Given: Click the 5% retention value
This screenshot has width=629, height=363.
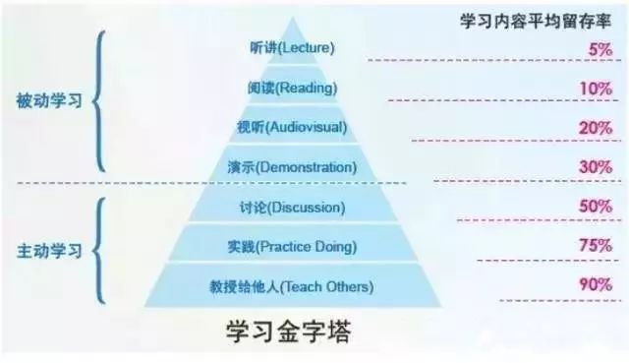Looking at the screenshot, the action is pos(600,47).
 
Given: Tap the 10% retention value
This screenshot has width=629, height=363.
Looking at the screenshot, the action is pos(596,88).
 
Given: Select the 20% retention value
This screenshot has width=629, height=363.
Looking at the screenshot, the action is pos(596,127).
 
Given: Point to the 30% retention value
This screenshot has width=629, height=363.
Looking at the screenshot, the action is pos(596,167).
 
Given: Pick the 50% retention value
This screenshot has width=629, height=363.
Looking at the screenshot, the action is pos(596,209).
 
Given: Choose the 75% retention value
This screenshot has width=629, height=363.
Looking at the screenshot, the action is pos(596,247).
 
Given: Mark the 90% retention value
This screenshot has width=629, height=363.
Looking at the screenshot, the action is pos(596,286).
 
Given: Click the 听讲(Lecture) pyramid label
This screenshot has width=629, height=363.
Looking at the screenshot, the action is pos(292,47).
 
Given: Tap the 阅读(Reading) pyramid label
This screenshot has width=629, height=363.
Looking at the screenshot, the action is pos(292,88).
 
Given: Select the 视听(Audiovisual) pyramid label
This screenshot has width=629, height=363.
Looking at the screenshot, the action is pos(292,127).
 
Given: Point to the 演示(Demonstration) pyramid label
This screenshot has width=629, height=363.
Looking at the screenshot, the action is pos(292,167).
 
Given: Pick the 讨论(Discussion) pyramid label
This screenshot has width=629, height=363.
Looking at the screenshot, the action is pos(292,208).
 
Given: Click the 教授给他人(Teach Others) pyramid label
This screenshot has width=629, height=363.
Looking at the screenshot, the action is pos(292,286).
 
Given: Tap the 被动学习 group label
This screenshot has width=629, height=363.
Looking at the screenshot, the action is pos(46,101).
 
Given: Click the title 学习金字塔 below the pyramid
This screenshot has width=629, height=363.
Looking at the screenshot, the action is pos(294,332).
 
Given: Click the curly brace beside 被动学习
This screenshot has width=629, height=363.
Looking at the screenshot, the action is pos(99,101).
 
